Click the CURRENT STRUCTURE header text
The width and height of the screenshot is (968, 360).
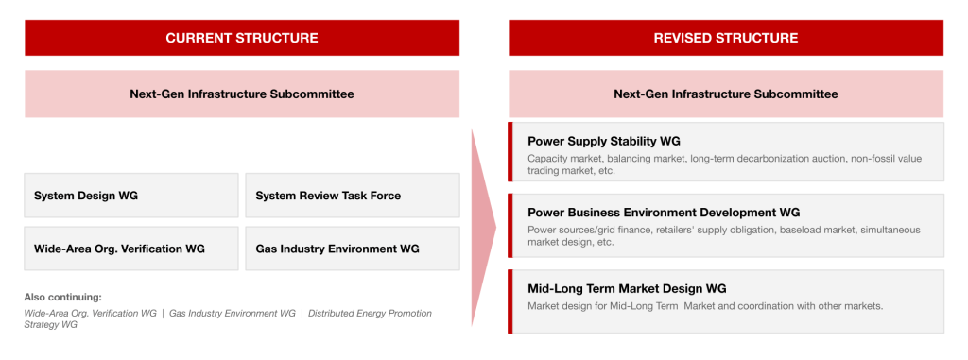pyautogui.click(x=242, y=38)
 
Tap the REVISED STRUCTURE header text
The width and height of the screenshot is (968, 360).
pyautogui.click(x=726, y=38)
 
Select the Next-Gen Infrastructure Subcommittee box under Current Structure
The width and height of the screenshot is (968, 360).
pyautogui.click(x=242, y=94)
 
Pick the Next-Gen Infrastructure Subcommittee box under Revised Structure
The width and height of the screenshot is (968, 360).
pyautogui.click(x=726, y=94)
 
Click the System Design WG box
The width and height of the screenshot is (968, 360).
pyautogui.click(x=130, y=196)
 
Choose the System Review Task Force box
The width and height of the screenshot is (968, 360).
pyautogui.click(x=353, y=196)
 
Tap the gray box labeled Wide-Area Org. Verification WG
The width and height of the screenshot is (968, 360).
pyautogui.click(x=130, y=249)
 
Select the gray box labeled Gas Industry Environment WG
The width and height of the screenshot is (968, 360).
pyautogui.click(x=353, y=249)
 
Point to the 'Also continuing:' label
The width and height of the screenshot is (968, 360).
pyautogui.click(x=63, y=297)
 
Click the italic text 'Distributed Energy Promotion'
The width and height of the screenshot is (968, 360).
pyautogui.click(x=370, y=313)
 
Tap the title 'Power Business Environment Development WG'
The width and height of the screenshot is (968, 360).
pyautogui.click(x=664, y=213)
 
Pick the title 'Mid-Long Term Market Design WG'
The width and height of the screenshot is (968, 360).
pyautogui.click(x=627, y=288)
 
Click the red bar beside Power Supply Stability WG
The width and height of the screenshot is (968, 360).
pyautogui.click(x=510, y=152)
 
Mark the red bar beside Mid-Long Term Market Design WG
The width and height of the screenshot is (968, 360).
pyautogui.click(x=510, y=301)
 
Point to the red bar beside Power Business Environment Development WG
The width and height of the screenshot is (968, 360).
pyautogui.click(x=510, y=226)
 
